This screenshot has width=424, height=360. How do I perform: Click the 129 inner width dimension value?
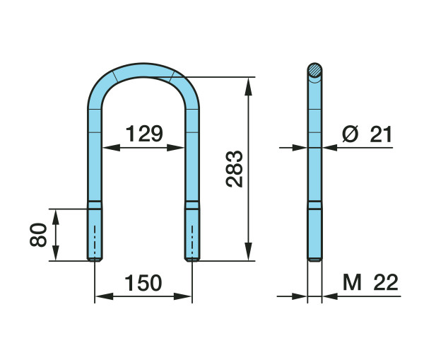[x=144, y=134]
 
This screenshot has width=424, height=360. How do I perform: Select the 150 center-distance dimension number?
[x=143, y=283]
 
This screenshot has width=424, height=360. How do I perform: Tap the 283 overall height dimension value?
[x=235, y=169]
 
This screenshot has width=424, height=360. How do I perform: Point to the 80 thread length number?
[x=38, y=235]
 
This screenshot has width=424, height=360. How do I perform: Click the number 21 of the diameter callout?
[x=381, y=134]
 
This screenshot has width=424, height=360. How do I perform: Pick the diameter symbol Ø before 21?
[x=351, y=134]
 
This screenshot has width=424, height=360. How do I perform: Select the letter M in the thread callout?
[x=352, y=282]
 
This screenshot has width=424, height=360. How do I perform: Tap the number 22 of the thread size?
[x=386, y=282]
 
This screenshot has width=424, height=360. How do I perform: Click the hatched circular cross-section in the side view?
[x=314, y=71]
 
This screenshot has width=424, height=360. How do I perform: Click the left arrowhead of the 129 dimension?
[x=112, y=148]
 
